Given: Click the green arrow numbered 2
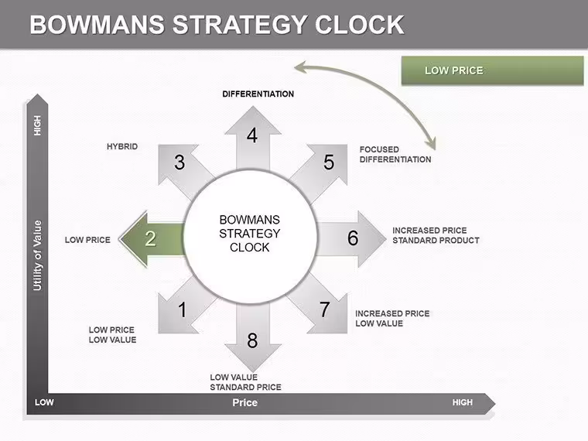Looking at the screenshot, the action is (152, 239).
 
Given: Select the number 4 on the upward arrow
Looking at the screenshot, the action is (252, 135).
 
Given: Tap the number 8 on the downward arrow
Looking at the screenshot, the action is (252, 340).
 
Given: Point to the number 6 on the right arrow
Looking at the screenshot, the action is (353, 238).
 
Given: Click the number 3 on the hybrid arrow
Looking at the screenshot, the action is (179, 162).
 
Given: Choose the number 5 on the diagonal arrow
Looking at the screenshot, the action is (329, 162).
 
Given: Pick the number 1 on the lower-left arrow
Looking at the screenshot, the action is (183, 309).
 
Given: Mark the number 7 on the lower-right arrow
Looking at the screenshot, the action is (325, 309).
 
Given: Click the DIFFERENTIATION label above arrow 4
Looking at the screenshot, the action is (258, 94).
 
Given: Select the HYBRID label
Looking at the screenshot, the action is (122, 146).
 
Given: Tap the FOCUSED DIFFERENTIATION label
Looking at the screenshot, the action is (395, 155).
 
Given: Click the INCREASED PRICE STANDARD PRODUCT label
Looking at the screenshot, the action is (436, 235).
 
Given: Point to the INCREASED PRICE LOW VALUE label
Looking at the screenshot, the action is (392, 319).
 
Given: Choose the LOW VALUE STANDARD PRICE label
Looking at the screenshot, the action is (245, 382).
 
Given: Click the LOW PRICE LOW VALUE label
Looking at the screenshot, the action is (112, 335).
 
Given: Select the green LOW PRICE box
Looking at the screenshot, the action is (492, 70).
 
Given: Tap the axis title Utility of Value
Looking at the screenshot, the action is (37, 255).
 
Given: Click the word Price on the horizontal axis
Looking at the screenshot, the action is (245, 403).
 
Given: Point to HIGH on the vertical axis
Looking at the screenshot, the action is (37, 125).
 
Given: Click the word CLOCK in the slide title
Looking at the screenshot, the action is (359, 25).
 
